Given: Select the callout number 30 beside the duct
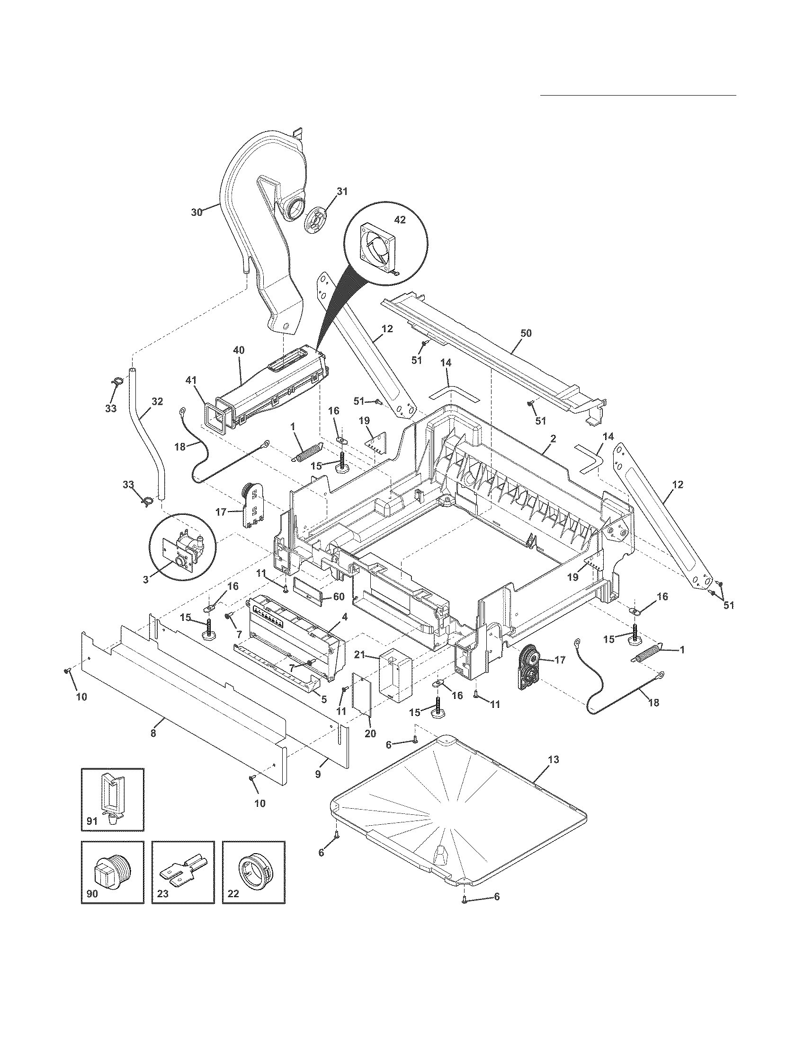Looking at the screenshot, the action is (197, 212).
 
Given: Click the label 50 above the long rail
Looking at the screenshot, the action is (526, 333).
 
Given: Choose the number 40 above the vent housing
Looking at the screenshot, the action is (239, 350).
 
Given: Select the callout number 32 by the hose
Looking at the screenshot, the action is (157, 402).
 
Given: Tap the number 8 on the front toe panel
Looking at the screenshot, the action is (153, 733).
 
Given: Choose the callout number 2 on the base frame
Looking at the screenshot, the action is (552, 440).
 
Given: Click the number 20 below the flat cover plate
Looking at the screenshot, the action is (370, 733).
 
